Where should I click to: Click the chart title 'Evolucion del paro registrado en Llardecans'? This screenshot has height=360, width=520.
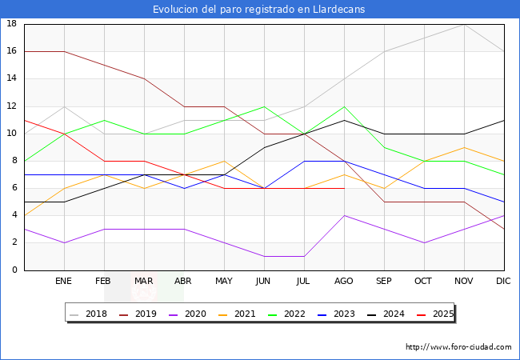[x=259, y=10]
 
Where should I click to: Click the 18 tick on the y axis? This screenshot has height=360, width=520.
[x=12, y=24]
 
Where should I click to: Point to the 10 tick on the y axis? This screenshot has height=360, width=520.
[x=12, y=134]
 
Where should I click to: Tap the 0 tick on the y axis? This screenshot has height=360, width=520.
[x=14, y=270]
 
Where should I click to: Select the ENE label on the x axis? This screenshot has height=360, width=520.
[x=64, y=282]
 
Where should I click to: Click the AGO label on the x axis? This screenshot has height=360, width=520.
[x=344, y=282]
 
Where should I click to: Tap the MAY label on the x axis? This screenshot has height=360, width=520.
[x=224, y=282]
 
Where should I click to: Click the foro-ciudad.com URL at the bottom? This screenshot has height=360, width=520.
[x=458, y=347]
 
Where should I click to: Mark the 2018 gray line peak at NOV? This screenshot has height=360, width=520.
[x=464, y=24]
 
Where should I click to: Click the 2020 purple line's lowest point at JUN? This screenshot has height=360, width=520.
[x=264, y=256]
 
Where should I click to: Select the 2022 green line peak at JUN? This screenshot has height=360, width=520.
[x=264, y=106]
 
